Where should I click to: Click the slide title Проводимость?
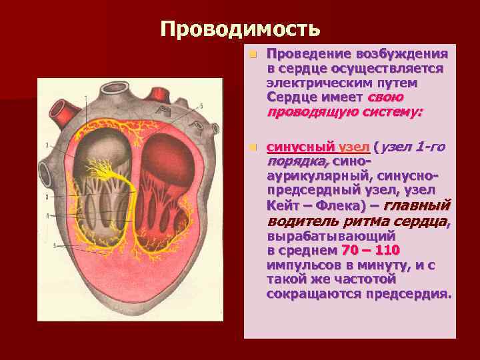pos(240,29)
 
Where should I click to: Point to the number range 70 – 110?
pos(370,250)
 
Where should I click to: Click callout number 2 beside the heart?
pos(47,145)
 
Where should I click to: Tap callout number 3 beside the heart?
pos(47,197)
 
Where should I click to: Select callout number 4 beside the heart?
pos(47,215)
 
